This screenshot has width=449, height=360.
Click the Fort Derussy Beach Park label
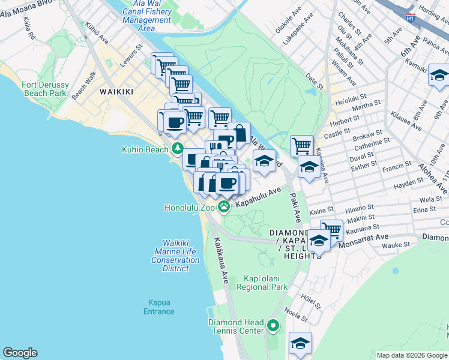point(44,89)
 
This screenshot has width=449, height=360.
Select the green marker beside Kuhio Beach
point(177,148)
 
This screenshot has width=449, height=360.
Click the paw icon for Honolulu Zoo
point(224,208)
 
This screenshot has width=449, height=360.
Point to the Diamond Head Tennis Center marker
point(273,326)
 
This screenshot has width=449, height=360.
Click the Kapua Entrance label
point(159,307)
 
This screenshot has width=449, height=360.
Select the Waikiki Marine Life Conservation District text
point(175,256)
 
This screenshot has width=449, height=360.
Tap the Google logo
point(20,353)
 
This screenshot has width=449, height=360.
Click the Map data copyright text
point(411,355)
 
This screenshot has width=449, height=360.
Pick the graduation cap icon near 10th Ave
point(439,76)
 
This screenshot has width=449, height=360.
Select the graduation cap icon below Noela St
point(300,343)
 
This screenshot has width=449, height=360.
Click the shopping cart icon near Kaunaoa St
point(331,229)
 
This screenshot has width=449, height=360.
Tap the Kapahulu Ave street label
point(258,197)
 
